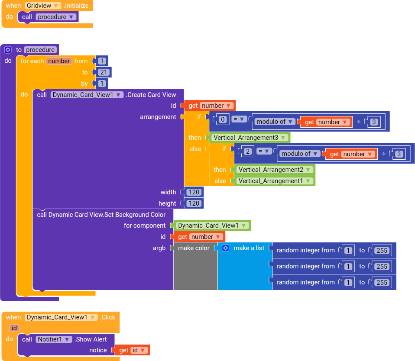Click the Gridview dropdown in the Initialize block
42,6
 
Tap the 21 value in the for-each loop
104,72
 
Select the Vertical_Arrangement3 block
250,138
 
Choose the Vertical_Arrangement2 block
274,170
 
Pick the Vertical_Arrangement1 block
274,181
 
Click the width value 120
194,192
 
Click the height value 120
194,203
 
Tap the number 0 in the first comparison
223,119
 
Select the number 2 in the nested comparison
247,151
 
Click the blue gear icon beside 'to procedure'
8,50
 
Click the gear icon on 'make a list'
226,248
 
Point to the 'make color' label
194,248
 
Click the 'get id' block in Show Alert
132,350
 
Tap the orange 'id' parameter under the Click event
14,328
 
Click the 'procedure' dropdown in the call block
56,17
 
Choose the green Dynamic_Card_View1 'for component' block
211,226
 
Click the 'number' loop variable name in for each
59,61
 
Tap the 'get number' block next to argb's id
199,237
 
